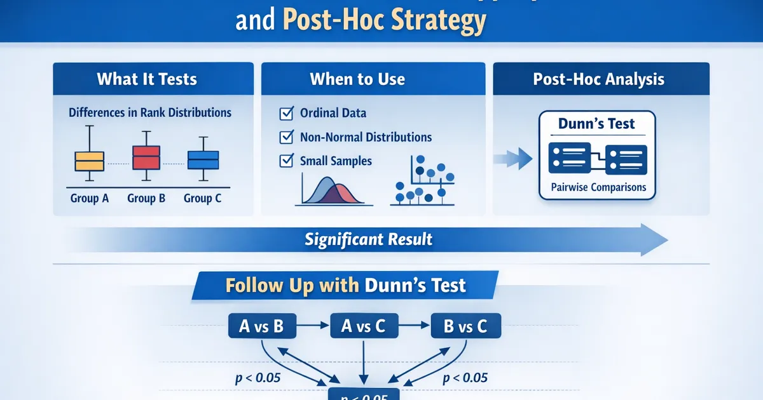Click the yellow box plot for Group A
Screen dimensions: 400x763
point(89,161)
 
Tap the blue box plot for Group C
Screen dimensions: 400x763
point(203,159)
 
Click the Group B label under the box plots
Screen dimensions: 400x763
point(146,198)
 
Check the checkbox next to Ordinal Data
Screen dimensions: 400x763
point(286,114)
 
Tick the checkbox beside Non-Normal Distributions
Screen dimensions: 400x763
point(286,137)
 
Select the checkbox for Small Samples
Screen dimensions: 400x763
point(286,161)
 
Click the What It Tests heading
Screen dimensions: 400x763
point(147,79)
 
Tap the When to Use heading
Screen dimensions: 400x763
point(357,79)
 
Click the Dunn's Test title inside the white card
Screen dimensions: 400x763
point(596,123)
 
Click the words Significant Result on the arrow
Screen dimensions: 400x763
point(368,239)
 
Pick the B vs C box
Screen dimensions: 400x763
point(466,327)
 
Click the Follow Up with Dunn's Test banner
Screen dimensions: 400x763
point(346,285)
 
